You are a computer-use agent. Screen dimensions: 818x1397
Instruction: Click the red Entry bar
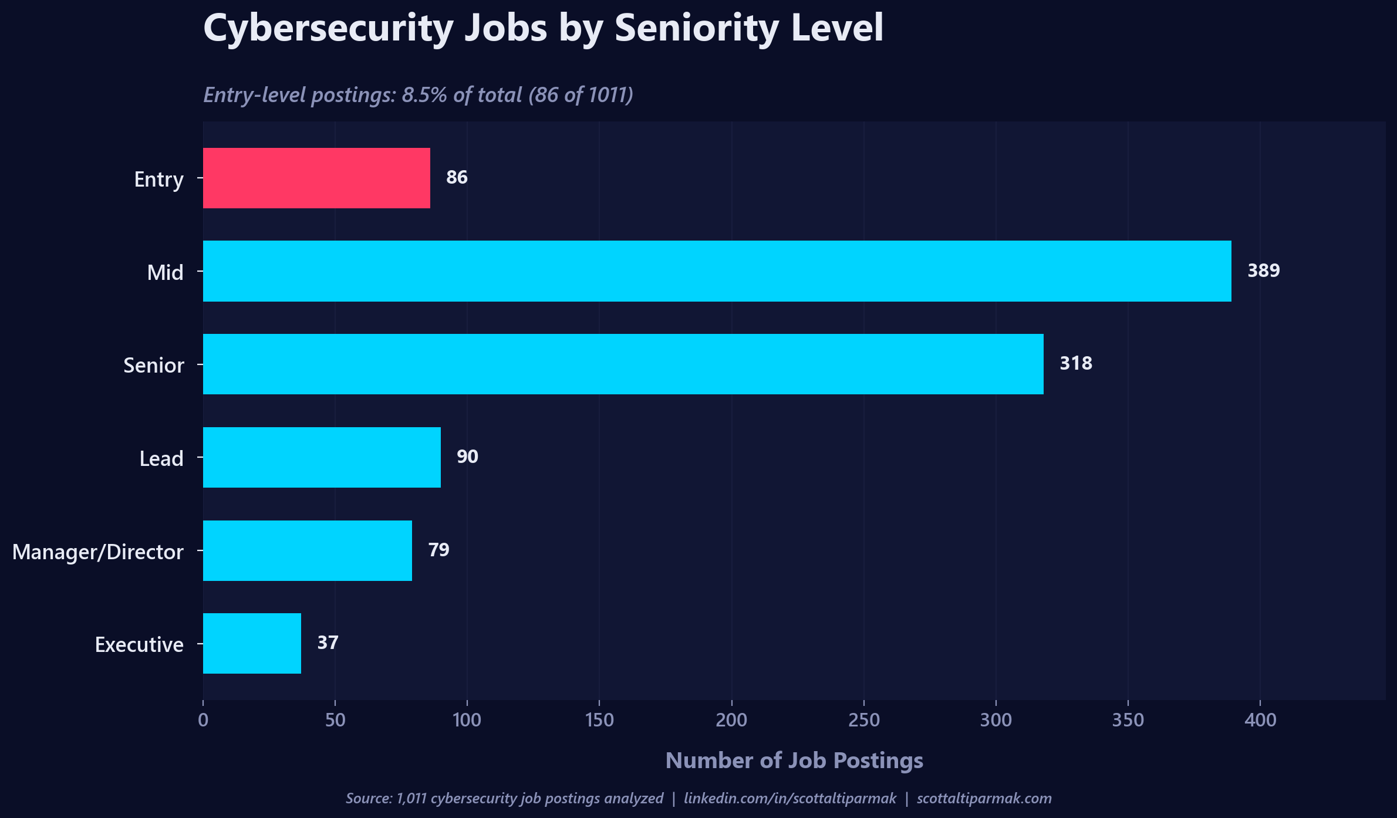[316, 178]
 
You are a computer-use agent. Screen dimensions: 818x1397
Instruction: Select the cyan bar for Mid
[717, 271]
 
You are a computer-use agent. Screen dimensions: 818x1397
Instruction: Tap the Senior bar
[623, 364]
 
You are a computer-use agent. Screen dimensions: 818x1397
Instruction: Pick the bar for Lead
[322, 457]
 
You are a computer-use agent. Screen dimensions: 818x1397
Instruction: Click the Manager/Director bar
[307, 550]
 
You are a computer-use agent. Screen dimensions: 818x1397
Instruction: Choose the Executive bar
[252, 643]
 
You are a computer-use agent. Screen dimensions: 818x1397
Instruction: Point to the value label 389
[1263, 271]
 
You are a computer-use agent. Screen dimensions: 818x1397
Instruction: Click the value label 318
[1075, 363]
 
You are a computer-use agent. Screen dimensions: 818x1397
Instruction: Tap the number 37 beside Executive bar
[328, 643]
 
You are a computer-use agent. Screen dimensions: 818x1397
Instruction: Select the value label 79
[438, 550]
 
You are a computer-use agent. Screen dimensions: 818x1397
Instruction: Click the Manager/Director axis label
[97, 552]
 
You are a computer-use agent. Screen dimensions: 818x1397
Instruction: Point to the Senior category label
[153, 365]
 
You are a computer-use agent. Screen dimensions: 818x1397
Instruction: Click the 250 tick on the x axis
[864, 719]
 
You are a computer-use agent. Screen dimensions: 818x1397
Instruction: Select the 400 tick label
[1260, 719]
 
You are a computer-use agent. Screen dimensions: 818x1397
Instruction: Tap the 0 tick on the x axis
[203, 719]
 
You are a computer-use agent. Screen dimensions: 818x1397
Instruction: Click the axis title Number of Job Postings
[794, 760]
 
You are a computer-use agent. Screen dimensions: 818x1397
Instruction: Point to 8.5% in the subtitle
[424, 95]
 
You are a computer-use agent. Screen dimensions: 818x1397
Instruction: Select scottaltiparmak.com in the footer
[984, 798]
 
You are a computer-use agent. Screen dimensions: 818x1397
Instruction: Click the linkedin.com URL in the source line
[790, 798]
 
